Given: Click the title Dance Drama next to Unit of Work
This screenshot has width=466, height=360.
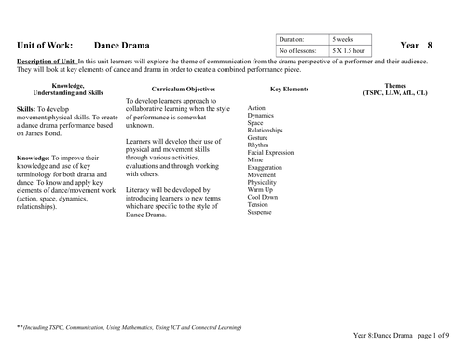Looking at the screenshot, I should pos(122,45).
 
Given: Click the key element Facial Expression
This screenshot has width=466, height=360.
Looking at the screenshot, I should pos(271,152).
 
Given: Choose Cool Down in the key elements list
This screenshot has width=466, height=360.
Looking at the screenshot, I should pos(263,197).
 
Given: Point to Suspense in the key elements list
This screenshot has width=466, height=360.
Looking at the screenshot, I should pos(260,212).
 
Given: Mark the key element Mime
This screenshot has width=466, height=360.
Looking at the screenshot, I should pos(255,159).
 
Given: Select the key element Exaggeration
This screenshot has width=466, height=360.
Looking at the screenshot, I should pos(267,167).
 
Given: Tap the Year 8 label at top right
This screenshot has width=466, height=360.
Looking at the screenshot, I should pos(416,45).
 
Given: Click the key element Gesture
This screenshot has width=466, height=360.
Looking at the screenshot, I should pos(258,137).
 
